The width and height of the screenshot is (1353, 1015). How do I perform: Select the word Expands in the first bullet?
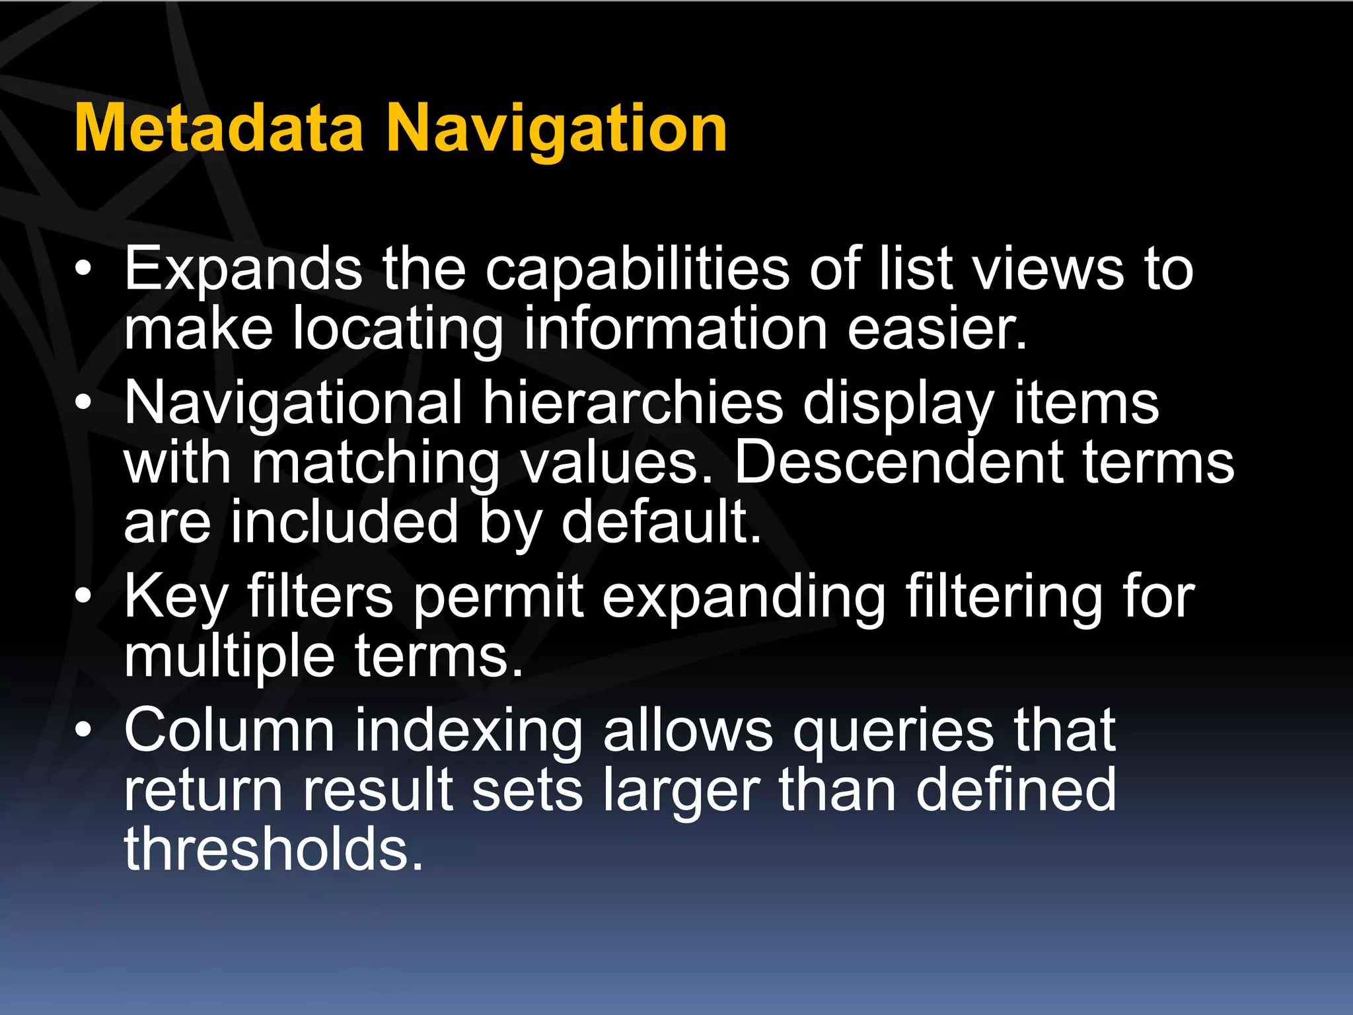pyautogui.click(x=243, y=268)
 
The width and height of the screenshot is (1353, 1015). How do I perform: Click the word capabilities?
pyautogui.click(x=638, y=270)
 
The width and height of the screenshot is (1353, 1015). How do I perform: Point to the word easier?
pyautogui.click(x=937, y=328)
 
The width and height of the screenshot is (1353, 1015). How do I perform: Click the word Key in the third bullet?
pyautogui.click(x=176, y=597)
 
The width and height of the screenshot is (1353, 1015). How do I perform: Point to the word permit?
pyautogui.click(x=499, y=597)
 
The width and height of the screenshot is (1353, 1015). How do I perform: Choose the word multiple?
pyautogui.click(x=229, y=657)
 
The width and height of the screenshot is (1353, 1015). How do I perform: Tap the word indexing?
pyautogui.click(x=468, y=732)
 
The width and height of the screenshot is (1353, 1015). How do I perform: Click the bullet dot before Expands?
pyautogui.click(x=83, y=269)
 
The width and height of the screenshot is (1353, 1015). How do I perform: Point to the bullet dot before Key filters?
pyautogui.click(x=83, y=596)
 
